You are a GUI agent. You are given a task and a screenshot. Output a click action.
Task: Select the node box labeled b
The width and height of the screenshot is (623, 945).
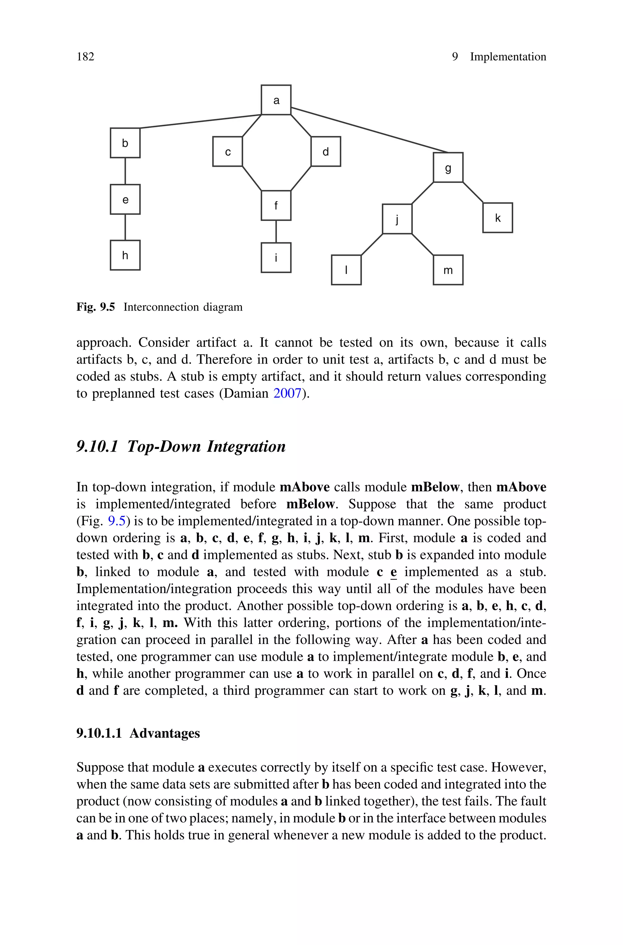point(125,143)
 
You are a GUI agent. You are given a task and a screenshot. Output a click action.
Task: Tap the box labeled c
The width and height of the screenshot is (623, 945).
point(227,151)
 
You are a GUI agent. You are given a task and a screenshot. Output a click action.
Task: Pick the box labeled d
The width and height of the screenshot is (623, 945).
point(325,151)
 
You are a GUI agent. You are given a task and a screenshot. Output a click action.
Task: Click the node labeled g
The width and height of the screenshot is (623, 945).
point(448,167)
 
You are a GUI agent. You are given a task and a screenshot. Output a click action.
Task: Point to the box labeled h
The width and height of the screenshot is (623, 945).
point(125,255)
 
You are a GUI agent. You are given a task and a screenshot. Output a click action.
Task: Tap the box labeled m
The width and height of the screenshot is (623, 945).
point(448,270)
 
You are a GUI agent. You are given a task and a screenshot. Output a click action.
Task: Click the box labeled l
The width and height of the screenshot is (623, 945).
point(346,270)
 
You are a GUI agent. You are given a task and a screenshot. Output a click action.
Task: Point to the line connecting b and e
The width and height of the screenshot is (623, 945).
point(125,171)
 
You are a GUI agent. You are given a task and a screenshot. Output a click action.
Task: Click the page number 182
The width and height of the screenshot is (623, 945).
point(85,57)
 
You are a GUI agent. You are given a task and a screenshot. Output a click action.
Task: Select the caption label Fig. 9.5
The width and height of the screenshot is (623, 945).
point(95,307)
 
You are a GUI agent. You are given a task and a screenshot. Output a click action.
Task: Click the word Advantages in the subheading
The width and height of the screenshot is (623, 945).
point(165,733)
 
